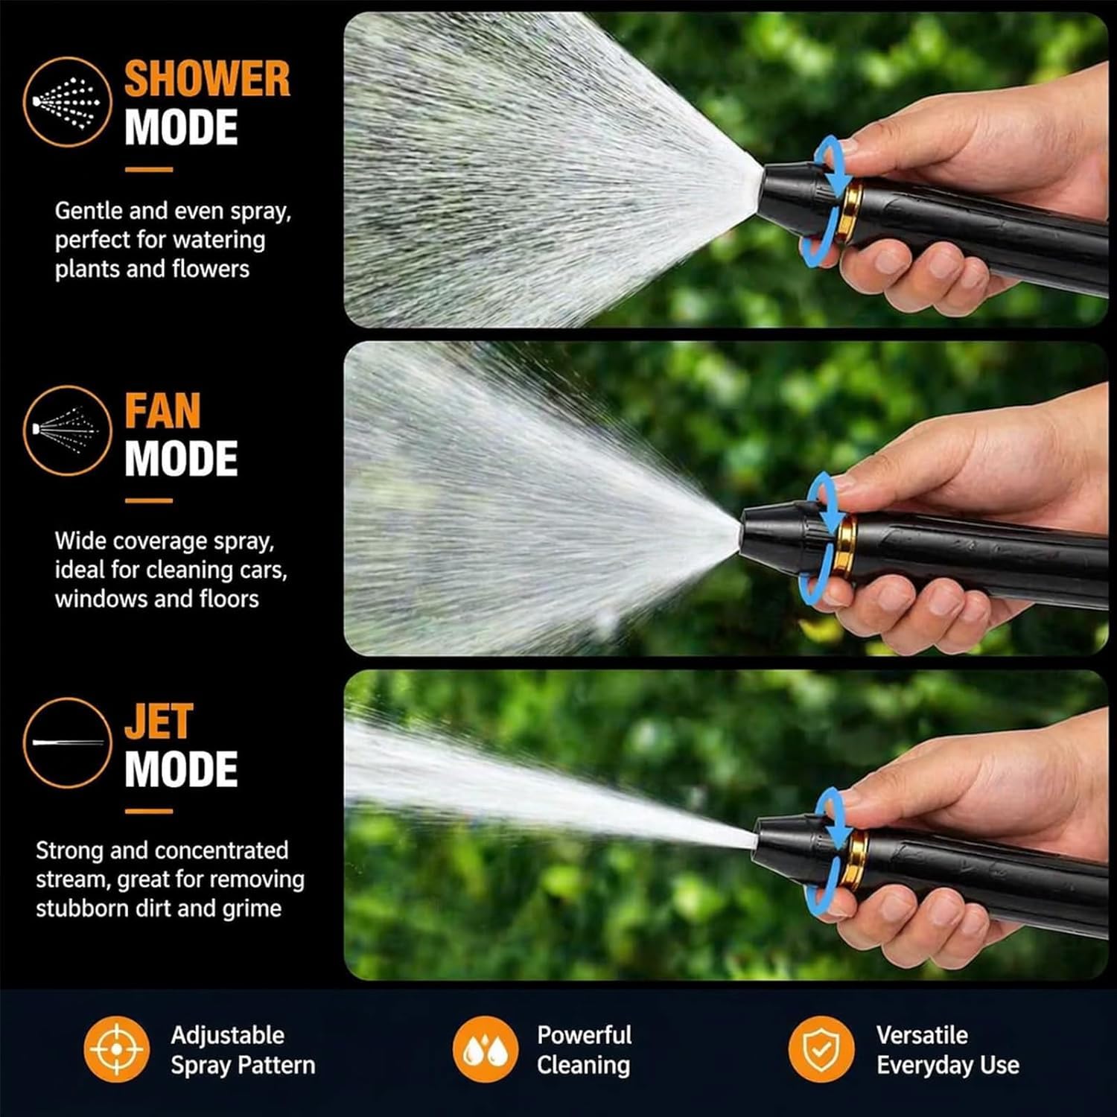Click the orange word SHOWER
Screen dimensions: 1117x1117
[x=207, y=79]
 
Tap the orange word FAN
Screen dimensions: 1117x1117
[x=162, y=410]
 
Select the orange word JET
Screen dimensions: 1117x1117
[x=159, y=721]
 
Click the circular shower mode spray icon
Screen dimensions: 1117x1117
[x=67, y=102]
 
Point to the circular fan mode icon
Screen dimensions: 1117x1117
[x=67, y=430]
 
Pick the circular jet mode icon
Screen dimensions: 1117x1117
[x=67, y=742]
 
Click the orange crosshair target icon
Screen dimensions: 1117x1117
[x=116, y=1049]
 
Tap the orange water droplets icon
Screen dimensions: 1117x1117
[x=486, y=1049]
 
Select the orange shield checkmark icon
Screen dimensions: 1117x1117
[x=821, y=1049]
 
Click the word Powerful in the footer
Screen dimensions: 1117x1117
[x=584, y=1034]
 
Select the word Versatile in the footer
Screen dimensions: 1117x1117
[x=922, y=1034]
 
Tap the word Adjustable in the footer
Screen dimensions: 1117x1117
[x=227, y=1035]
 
